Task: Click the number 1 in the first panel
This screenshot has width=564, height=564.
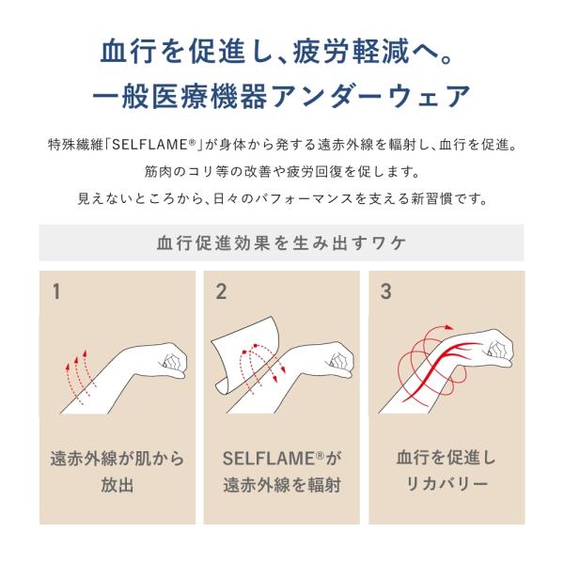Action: [x=56, y=291]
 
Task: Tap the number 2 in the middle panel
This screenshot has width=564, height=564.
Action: [x=221, y=291]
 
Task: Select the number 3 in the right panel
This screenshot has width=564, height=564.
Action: [x=385, y=291]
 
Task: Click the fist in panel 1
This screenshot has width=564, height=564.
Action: [x=173, y=360]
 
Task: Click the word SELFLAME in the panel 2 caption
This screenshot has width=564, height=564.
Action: [x=268, y=459]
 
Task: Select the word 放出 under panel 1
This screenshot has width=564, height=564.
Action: [x=117, y=485]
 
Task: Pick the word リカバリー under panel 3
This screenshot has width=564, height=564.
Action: [x=446, y=484]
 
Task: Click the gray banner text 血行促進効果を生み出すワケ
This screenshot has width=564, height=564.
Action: [x=282, y=243]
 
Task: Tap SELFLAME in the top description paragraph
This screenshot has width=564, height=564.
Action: [x=153, y=145]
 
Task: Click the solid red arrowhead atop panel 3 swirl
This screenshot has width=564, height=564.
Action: [x=447, y=327]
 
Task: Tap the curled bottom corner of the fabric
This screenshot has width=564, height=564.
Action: [x=222, y=389]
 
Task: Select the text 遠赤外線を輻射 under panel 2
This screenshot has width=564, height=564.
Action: [x=282, y=485]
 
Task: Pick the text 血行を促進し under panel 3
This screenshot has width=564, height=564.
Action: [x=446, y=458]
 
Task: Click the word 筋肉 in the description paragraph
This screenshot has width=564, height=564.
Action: [x=158, y=172]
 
